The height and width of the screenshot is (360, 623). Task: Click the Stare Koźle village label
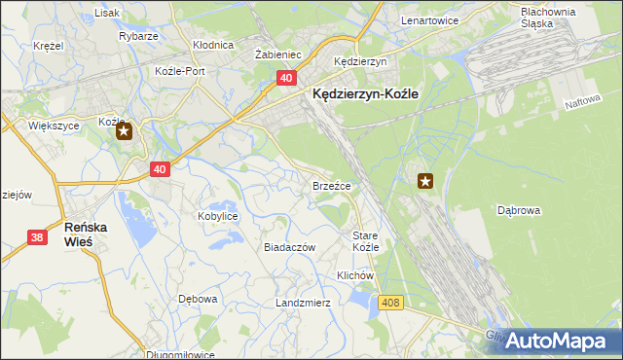(365, 241)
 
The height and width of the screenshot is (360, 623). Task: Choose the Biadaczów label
(290, 247)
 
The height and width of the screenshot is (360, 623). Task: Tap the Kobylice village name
(218, 216)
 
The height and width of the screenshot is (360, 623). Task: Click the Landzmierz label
(304, 303)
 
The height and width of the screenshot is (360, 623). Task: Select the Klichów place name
(355, 275)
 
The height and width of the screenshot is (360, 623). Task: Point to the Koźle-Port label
(180, 71)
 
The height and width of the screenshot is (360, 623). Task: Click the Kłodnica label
(213, 45)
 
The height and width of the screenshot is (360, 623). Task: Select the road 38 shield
(37, 236)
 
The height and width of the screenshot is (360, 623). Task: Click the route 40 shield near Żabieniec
(286, 78)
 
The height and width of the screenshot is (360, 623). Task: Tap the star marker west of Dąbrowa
(425, 180)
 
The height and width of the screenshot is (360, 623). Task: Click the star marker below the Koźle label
(125, 133)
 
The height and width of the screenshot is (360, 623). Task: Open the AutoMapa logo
(556, 340)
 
